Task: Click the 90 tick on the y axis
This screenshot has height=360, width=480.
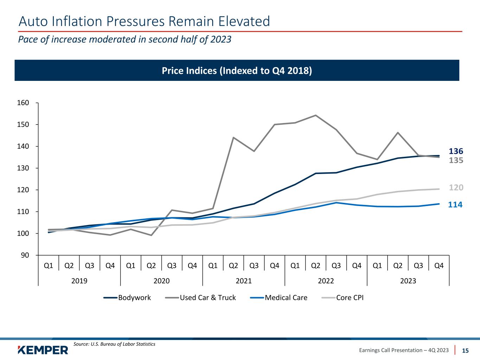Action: [x=25, y=255]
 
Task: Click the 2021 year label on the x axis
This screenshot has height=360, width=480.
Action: [x=244, y=281]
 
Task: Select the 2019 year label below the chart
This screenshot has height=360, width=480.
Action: [x=79, y=281]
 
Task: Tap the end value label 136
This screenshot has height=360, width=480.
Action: [x=456, y=152]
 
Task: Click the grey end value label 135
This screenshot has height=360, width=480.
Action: [x=456, y=160]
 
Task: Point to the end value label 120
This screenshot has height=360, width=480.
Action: [x=456, y=188]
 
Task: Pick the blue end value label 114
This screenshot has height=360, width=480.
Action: [x=455, y=205]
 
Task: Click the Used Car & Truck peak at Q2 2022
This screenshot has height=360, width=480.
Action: [x=315, y=115]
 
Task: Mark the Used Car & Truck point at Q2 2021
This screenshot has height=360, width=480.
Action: [x=233, y=137]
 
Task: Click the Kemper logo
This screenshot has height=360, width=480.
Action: [x=43, y=350]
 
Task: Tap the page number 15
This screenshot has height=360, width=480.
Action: [x=465, y=351]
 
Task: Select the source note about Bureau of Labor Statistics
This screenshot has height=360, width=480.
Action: [x=114, y=344]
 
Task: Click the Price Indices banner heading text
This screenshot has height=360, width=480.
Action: [x=237, y=71]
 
